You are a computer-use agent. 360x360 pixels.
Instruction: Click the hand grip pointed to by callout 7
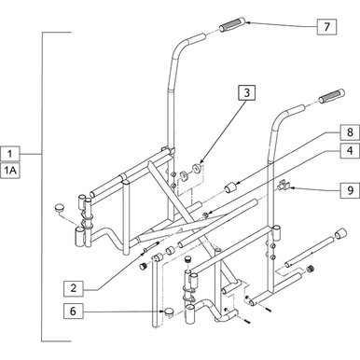pos(231,29)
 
